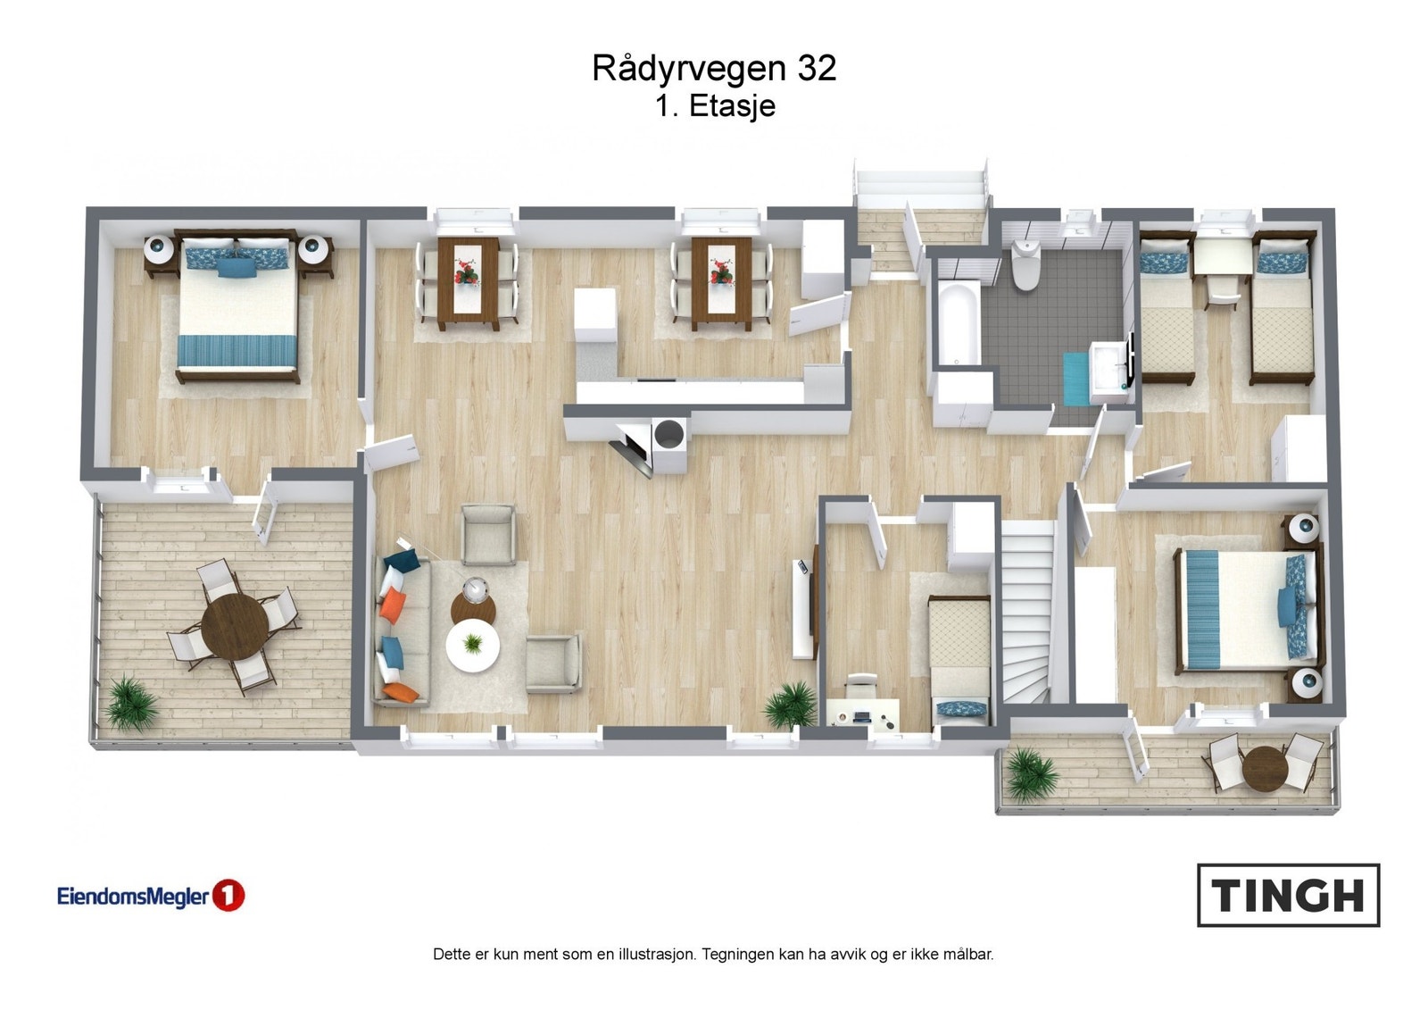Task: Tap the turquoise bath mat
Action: click(1076, 378)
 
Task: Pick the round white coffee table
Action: click(472, 647)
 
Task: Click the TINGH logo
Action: click(1287, 895)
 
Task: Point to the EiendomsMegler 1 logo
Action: click(150, 896)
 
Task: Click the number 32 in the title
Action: click(816, 69)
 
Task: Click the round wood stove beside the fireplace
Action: click(668, 435)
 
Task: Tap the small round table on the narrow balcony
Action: click(1262, 766)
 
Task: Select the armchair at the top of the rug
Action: click(487, 534)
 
